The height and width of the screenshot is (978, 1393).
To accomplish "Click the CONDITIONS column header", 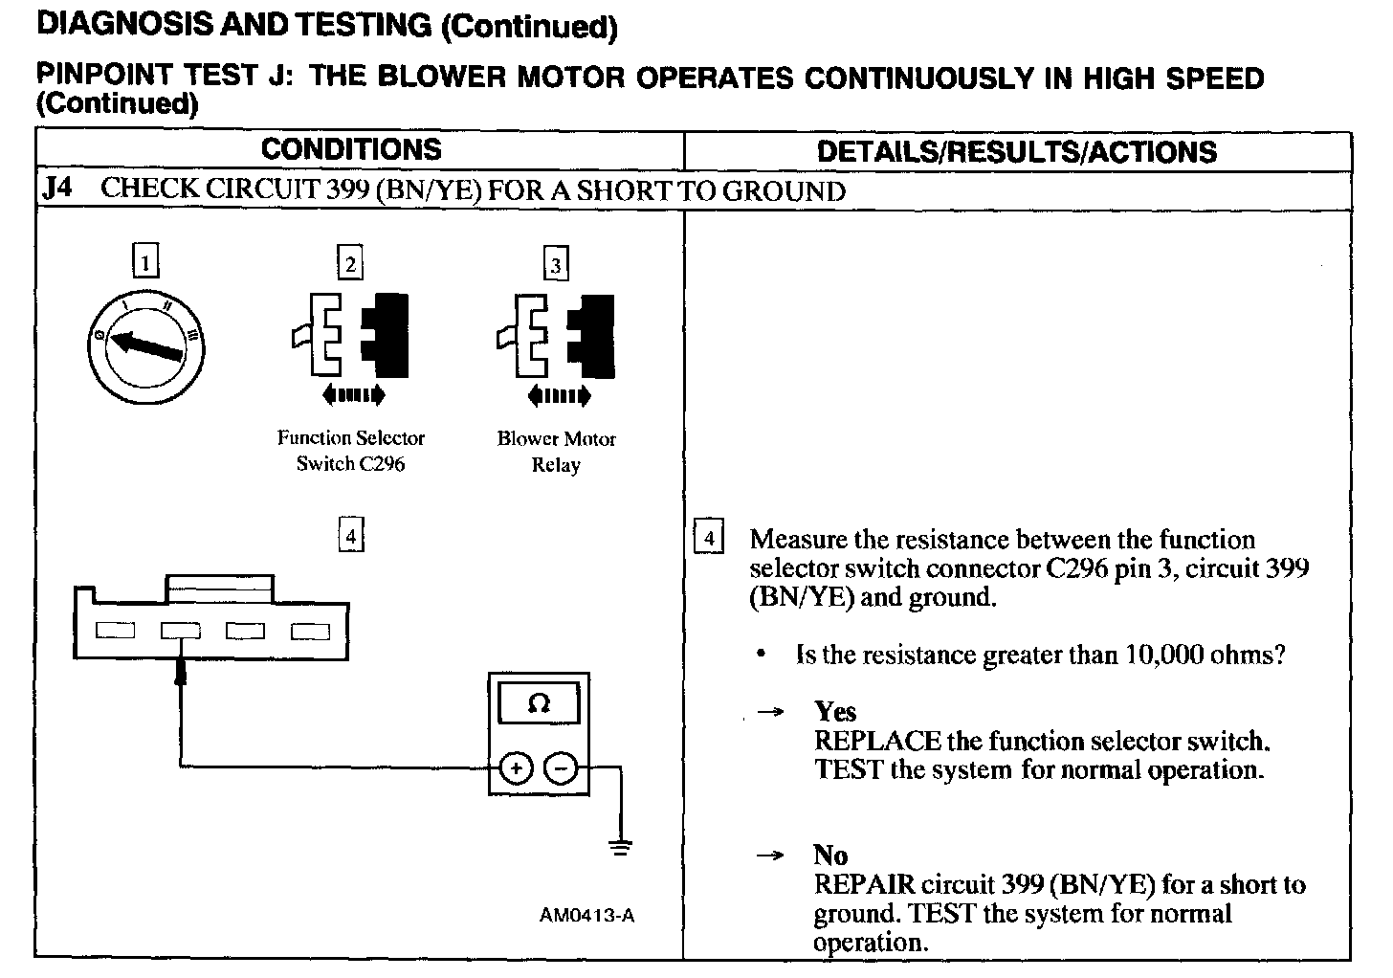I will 351,149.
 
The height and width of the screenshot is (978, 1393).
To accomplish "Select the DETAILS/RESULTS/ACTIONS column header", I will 1016,151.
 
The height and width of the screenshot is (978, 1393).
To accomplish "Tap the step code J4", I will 57,188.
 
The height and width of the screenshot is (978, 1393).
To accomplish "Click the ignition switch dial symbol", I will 144,345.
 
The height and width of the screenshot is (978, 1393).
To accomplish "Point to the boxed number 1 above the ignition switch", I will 144,261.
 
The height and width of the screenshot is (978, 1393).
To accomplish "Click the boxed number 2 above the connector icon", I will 350,263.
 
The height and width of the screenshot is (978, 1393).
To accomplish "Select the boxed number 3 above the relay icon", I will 556,263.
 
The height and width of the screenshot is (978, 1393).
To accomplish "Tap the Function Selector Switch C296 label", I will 350,451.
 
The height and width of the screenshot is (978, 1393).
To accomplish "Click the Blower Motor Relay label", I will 556,452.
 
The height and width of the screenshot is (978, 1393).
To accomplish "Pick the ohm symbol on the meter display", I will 539,704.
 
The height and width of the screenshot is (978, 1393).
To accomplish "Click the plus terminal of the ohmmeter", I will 516,767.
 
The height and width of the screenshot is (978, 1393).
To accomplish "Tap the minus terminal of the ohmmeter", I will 561,767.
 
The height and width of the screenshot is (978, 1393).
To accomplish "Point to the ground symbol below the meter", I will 621,847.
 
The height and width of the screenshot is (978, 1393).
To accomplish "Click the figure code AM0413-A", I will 586,915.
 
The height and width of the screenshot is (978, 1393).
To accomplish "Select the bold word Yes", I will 835,711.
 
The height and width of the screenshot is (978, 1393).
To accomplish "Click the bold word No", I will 830,855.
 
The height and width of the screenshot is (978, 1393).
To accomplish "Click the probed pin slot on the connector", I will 180,631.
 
